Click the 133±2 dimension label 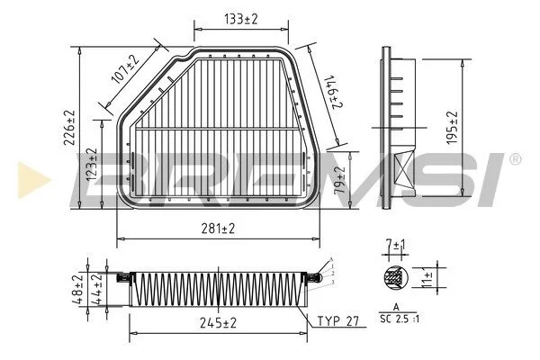pos(240,19)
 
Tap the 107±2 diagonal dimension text pos(125,69)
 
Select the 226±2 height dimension pos(69,128)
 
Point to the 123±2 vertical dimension pos(91,165)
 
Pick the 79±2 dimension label pos(340,179)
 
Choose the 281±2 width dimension pos(218,229)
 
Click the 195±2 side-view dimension pos(451,127)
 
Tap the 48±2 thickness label pos(77,290)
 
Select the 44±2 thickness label pos(97,290)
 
